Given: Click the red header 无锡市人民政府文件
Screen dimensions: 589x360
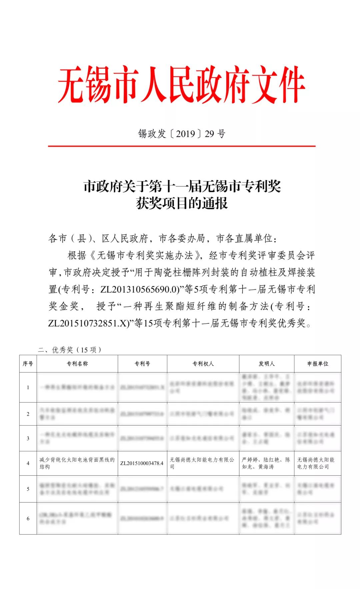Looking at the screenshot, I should coord(181,85).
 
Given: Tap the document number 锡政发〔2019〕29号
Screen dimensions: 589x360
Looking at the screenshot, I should coord(182,134).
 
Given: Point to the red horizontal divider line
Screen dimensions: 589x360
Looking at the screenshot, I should coord(182,146).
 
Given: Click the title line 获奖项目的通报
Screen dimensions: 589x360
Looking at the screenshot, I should coord(182,203).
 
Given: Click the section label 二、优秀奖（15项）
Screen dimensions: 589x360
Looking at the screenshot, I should coord(70,350).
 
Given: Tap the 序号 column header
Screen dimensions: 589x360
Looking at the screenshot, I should coord(28,364).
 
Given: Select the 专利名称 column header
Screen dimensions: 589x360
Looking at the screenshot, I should coord(77,364).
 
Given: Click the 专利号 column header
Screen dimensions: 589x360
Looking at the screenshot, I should coord(142,364).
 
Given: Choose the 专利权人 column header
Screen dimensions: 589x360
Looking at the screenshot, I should coord(203,364).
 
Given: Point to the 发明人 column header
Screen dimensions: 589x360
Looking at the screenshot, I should coord(267,364).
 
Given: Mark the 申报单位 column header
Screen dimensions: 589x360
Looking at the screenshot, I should coord(318,364).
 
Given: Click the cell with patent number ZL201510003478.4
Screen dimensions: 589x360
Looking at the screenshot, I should coord(142,463).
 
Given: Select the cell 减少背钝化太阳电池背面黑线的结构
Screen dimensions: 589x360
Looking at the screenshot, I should coord(77,463).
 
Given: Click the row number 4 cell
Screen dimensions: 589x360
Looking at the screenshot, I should coord(28,463).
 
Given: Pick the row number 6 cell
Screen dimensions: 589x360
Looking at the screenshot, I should coord(28,518).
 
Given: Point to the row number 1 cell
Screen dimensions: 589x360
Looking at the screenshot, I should coord(28,387).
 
